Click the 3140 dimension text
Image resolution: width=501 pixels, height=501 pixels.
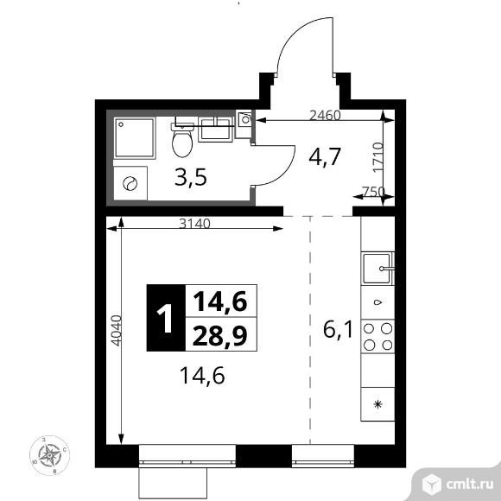click(195, 223)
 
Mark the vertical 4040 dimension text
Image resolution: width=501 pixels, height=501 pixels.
click(116, 330)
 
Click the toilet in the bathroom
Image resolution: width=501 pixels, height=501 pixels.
click(182, 138)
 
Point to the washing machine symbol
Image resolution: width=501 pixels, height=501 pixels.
click(131, 182)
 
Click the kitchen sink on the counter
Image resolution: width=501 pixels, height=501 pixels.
click(378, 268)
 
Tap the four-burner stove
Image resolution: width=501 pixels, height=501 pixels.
click(378, 336)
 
